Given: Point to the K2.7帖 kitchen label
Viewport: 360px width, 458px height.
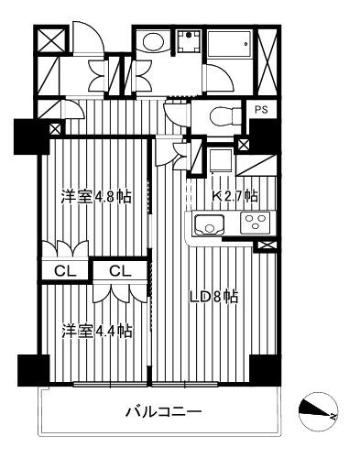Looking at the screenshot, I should click(x=235, y=196).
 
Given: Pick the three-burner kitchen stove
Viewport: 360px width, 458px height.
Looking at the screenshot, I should click(x=254, y=223).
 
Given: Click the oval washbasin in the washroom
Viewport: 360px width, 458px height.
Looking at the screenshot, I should click(x=152, y=42).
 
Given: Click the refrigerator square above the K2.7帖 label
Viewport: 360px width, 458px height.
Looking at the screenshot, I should click(x=217, y=162).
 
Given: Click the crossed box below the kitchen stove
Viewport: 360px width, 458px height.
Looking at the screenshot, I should click(x=266, y=245).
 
